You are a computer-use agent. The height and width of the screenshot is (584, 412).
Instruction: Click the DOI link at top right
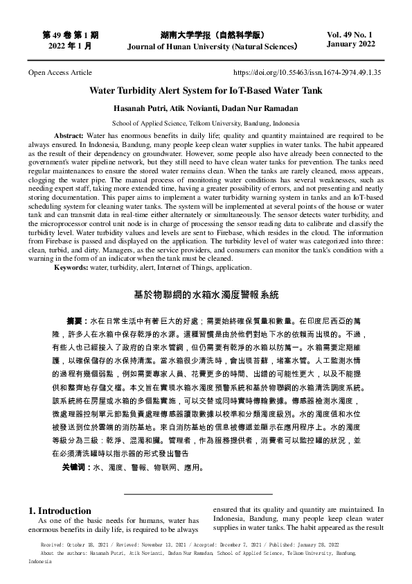[x=307, y=72]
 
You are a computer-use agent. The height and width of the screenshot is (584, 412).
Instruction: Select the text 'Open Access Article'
[x=60, y=72]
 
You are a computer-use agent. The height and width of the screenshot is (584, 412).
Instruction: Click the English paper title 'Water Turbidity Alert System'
[x=206, y=90]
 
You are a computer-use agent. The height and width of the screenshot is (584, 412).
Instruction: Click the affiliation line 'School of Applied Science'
[x=206, y=121]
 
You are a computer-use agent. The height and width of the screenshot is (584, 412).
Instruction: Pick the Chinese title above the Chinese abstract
[x=206, y=295]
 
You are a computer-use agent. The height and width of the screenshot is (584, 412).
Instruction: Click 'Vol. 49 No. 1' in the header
[x=350, y=34]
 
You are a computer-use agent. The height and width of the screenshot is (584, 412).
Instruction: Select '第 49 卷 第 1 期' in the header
[x=71, y=34]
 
